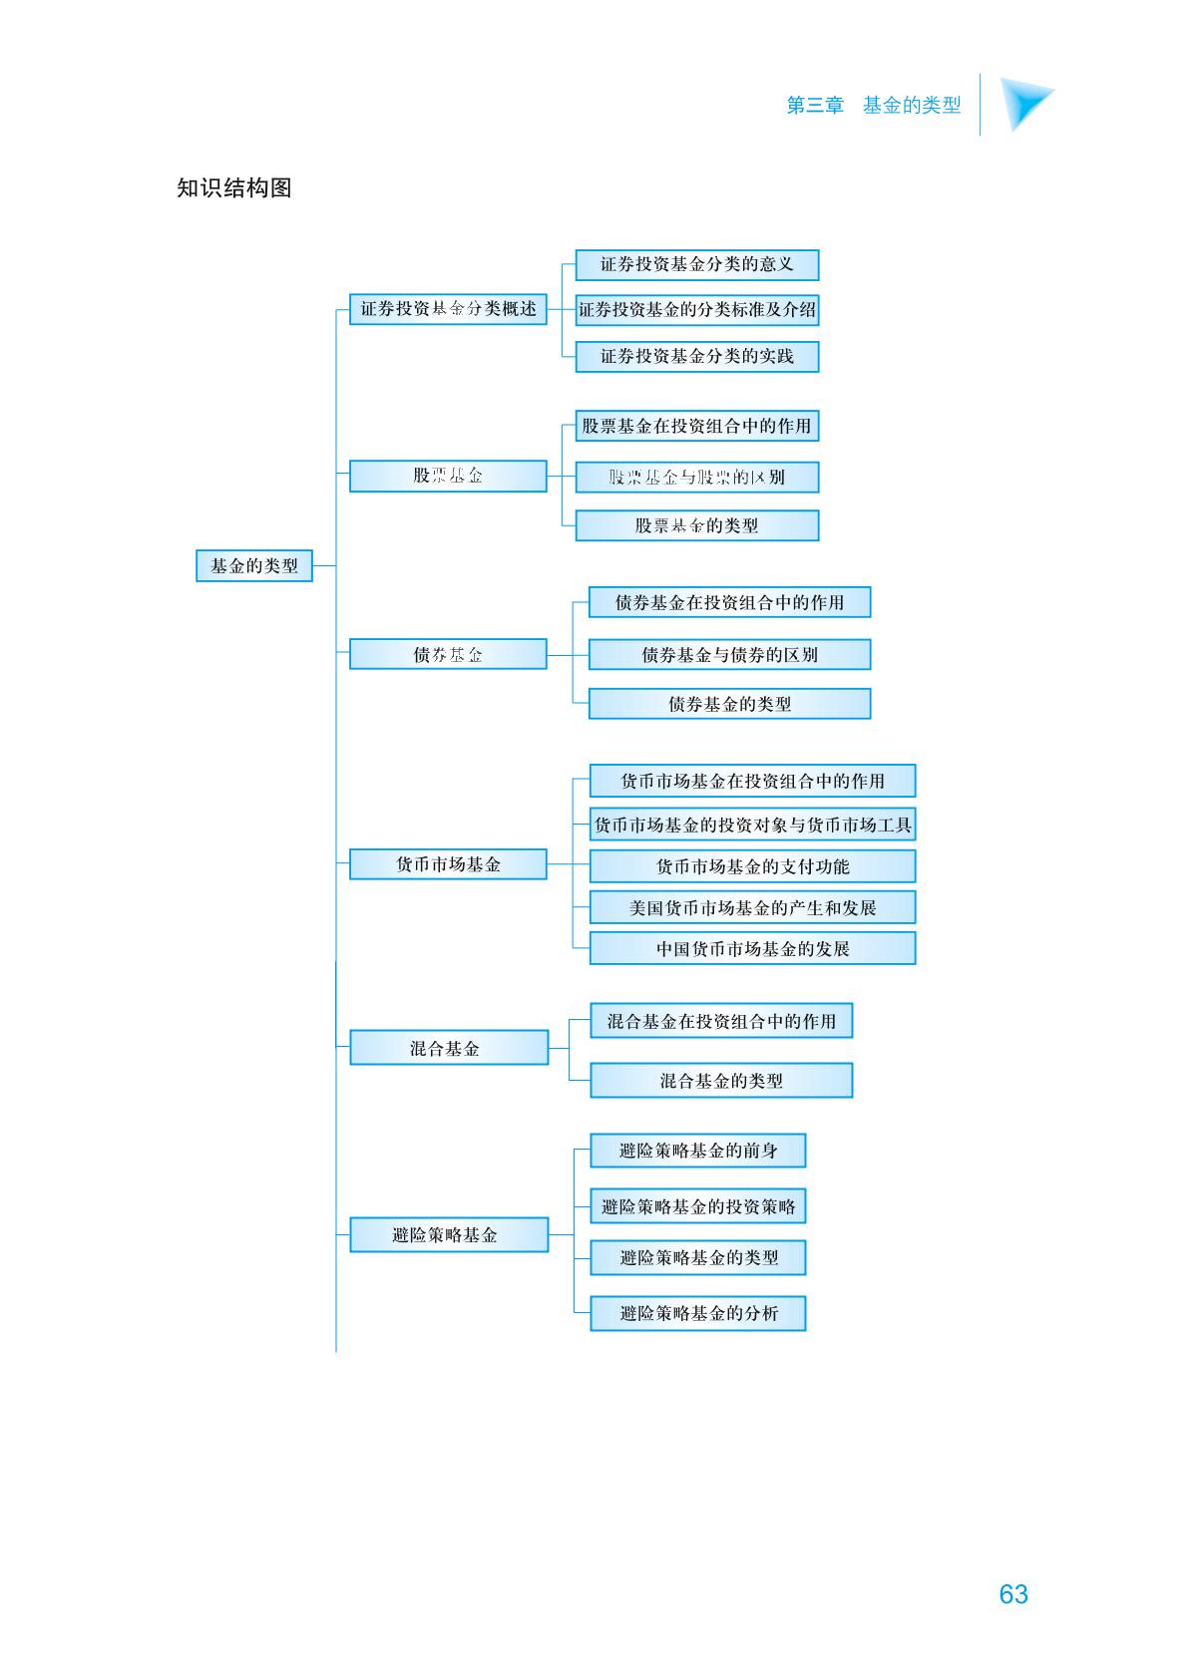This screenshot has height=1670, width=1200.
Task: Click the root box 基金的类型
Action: (x=254, y=566)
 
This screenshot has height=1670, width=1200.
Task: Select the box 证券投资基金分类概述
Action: (x=448, y=309)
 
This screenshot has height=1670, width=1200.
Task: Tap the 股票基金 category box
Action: (x=448, y=476)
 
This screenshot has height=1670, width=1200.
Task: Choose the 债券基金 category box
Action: (x=448, y=654)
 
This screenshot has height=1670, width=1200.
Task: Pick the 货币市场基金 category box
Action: (x=448, y=864)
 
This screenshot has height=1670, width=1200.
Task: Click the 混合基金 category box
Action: (x=449, y=1048)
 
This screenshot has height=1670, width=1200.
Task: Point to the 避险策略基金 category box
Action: (x=449, y=1234)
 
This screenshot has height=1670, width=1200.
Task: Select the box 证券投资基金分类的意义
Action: (x=697, y=264)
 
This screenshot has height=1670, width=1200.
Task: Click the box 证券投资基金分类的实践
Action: (x=697, y=356)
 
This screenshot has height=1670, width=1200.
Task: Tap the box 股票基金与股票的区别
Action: (x=697, y=478)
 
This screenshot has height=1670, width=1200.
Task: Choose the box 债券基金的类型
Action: (x=729, y=704)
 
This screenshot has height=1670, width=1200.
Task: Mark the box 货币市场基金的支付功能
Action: (x=752, y=866)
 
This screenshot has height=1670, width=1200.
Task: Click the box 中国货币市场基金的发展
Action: (x=752, y=948)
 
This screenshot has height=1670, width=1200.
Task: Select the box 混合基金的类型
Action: (x=721, y=1081)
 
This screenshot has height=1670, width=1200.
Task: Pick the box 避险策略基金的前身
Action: (x=698, y=1151)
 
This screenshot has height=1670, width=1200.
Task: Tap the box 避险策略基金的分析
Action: (x=698, y=1313)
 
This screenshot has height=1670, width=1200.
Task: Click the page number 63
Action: (x=1013, y=1593)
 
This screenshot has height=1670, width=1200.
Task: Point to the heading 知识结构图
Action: (x=234, y=187)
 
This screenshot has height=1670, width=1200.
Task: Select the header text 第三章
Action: (x=815, y=105)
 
